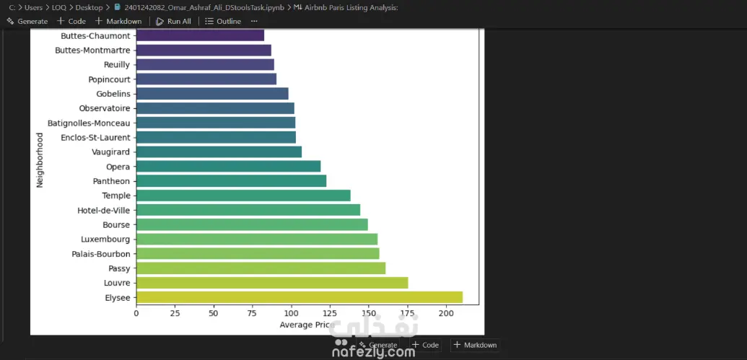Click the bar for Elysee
[299, 297]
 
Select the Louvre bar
[271, 283]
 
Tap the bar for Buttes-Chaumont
[200, 35]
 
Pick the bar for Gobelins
[211, 94]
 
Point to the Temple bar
[243, 196]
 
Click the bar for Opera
[228, 167]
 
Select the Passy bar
[261, 268]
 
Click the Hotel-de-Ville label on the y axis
[103, 210]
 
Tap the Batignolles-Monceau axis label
[89, 123]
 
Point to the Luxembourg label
[106, 239]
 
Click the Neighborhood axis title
[40, 159]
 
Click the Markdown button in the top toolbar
[118, 21]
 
